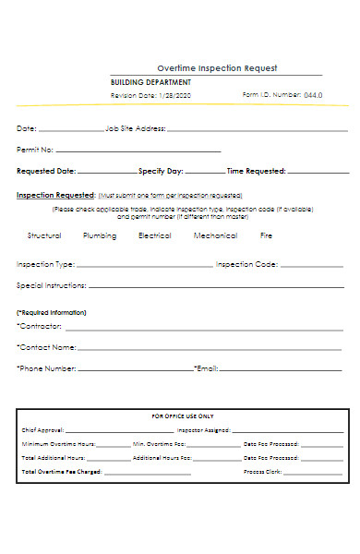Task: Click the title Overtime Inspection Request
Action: click(x=217, y=68)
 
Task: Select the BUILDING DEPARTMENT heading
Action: click(x=150, y=82)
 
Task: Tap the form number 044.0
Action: click(x=313, y=95)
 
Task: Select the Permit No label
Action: click(x=36, y=150)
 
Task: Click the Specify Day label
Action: click(x=161, y=171)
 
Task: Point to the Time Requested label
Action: click(x=256, y=171)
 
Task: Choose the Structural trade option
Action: click(x=44, y=235)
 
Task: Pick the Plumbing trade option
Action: click(x=100, y=235)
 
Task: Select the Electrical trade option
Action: click(x=154, y=235)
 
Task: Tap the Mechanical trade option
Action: click(x=215, y=235)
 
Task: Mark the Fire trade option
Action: click(x=266, y=235)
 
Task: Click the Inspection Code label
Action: click(x=246, y=265)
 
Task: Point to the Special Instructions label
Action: click(x=52, y=285)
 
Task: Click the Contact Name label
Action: click(x=47, y=347)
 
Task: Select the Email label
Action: click(x=206, y=368)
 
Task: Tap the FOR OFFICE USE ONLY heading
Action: click(x=182, y=416)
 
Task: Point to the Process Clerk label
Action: click(x=261, y=472)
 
